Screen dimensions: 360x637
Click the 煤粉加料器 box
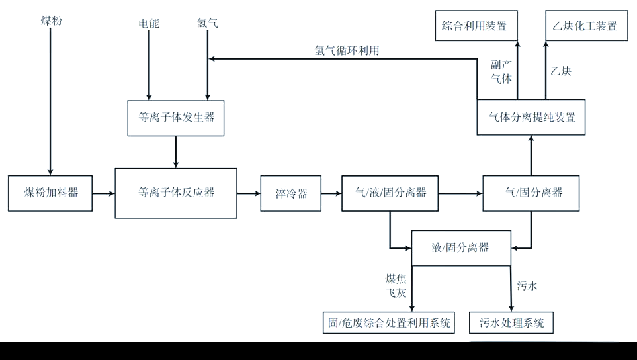click(x=50, y=193)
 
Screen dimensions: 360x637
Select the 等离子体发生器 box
click(x=176, y=118)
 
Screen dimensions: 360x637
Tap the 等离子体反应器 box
click(x=176, y=193)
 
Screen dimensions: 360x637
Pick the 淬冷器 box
click(x=290, y=193)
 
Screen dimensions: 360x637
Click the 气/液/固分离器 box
click(x=390, y=193)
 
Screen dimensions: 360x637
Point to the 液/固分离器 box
click(x=461, y=248)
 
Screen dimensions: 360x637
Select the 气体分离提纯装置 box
click(x=531, y=118)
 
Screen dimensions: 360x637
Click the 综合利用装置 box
click(x=476, y=26)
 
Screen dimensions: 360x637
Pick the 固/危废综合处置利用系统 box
click(x=389, y=322)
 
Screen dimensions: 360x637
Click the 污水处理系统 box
click(x=511, y=322)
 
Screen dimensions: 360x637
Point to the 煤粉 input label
click(x=51, y=22)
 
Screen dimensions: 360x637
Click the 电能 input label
click(x=149, y=24)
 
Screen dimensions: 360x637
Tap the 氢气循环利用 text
click(x=347, y=50)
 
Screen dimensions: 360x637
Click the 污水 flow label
click(x=527, y=286)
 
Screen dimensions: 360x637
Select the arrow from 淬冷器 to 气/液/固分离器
click(x=331, y=193)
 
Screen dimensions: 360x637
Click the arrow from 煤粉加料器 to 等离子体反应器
click(x=103, y=193)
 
